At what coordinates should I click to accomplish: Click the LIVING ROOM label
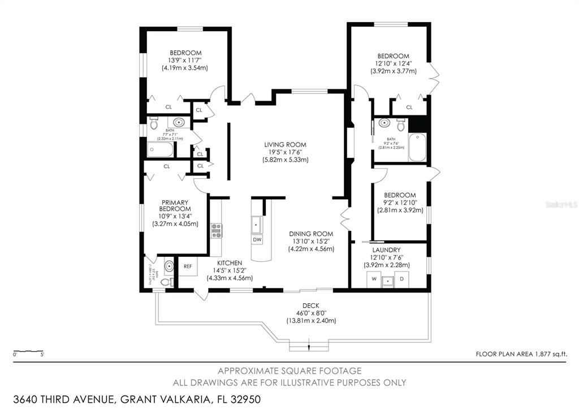pos(286,144)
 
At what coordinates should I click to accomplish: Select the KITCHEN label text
pos(228,263)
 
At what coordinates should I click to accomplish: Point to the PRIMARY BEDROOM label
pos(175,205)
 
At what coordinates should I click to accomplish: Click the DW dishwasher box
pos(257,239)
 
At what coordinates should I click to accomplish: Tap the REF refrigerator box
pos(188,266)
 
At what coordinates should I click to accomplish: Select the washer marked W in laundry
pos(374,279)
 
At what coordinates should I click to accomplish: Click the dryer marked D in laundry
pos(402,279)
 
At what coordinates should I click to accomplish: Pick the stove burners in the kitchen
pos(216,230)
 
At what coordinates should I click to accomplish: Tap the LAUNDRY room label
pos(387,249)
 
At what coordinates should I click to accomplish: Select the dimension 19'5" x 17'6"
pos(286,152)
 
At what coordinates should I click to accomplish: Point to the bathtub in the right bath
pos(417,147)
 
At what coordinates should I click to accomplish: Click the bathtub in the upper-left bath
pos(161,150)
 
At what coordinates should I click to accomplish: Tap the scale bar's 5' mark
pos(43,354)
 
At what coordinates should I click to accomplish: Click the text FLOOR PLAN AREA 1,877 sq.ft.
pos(521,354)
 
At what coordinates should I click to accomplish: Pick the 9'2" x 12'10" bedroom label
pos(399,203)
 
